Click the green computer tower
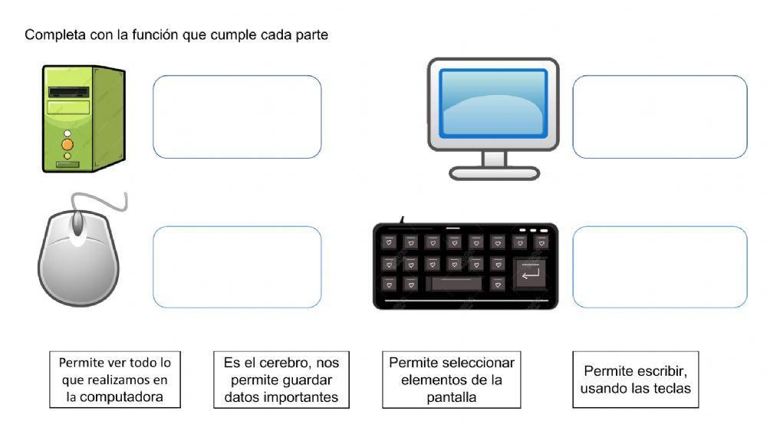click(x=83, y=119)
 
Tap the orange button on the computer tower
click(x=67, y=144)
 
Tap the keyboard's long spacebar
click(x=456, y=284)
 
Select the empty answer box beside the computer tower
click(x=237, y=117)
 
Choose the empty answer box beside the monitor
click(x=660, y=117)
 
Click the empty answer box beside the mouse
click(x=237, y=267)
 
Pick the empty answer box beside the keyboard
click(x=660, y=267)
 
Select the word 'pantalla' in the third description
click(x=452, y=396)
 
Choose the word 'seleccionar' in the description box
click(x=476, y=362)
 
